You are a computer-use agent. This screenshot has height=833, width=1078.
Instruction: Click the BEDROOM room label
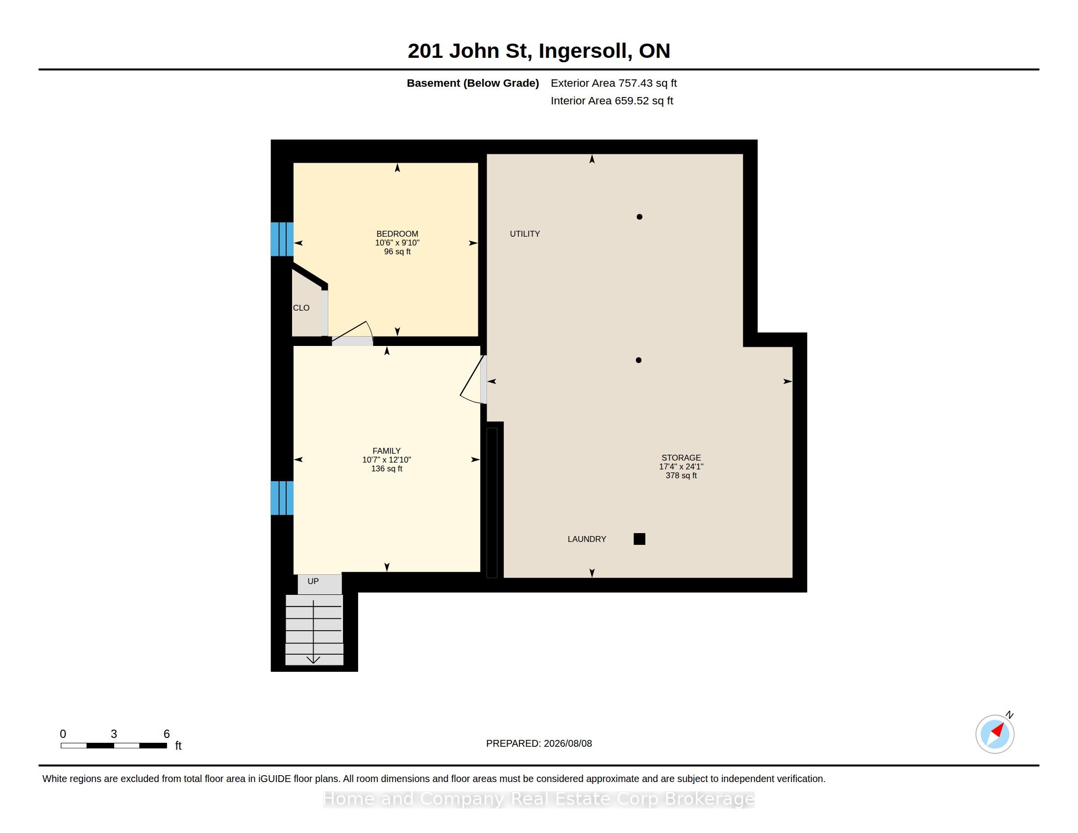click(x=397, y=234)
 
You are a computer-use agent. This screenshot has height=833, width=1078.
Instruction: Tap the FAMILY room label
click(x=387, y=451)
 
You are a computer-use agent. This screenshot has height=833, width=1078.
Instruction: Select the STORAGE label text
click(x=681, y=458)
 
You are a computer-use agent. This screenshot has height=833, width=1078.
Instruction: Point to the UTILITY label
click(x=525, y=234)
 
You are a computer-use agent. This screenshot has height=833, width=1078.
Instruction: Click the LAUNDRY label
click(x=587, y=539)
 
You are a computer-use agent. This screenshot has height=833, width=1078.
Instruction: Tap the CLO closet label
click(x=301, y=308)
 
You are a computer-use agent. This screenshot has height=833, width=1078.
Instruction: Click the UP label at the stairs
click(x=313, y=581)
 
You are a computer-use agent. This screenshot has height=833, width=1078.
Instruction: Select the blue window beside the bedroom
click(x=282, y=239)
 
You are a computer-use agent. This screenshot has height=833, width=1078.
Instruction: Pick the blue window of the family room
click(x=282, y=498)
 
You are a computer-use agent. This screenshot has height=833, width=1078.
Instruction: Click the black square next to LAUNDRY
click(x=639, y=539)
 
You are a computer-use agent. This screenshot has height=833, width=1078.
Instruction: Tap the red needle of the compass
click(x=998, y=730)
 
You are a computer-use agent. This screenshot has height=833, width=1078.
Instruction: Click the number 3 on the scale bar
click(x=114, y=734)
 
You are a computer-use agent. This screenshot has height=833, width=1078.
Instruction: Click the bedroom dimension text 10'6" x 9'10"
click(x=397, y=243)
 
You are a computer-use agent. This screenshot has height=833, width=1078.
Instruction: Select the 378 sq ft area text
click(x=681, y=476)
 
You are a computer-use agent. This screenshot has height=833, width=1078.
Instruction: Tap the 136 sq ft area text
click(x=387, y=469)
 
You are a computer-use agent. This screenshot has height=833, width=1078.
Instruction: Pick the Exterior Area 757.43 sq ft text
click(x=613, y=83)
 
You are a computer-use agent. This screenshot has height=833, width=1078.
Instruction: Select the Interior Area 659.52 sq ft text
click(x=612, y=101)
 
